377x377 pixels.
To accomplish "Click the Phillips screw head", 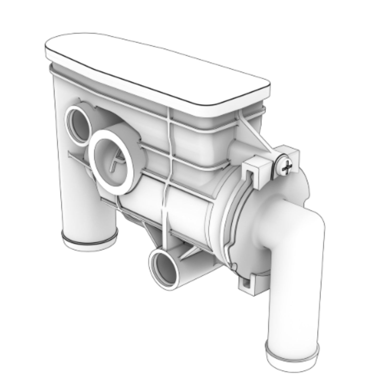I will click(286, 166).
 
